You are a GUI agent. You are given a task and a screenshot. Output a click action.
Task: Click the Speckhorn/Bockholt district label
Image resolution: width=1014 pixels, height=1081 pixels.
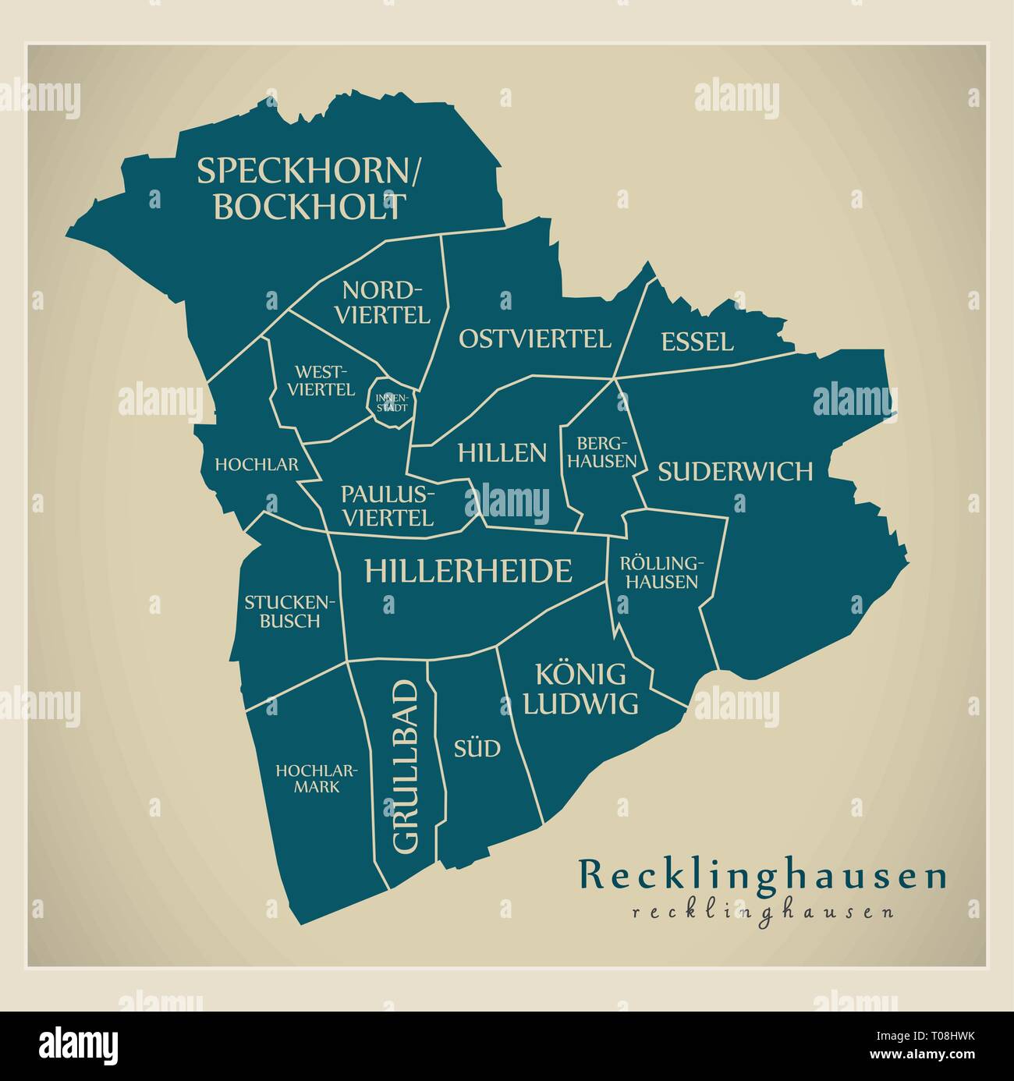tap(309, 189)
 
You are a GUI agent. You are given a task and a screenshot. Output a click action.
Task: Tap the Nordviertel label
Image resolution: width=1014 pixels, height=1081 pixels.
tap(386, 303)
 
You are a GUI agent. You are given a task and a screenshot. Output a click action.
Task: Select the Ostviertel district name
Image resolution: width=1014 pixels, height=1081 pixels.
tap(534, 338)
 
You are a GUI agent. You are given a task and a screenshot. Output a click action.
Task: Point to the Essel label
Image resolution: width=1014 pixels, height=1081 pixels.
tap(697, 342)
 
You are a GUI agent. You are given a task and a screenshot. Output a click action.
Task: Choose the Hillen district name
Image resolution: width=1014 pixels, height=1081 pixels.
tap(502, 452)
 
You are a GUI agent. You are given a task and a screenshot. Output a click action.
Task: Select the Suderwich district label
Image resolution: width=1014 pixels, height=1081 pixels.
tap(736, 472)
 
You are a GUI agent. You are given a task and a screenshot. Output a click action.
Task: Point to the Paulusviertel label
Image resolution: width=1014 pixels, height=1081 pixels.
tap(388, 505)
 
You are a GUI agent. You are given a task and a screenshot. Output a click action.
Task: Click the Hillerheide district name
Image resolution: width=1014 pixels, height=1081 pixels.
tap(468, 572)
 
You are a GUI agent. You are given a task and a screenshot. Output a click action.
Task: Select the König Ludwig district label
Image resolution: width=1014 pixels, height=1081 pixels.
tap(580, 689)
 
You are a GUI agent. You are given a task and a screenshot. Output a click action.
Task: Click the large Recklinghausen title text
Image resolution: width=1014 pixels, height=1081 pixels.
tap(763, 875)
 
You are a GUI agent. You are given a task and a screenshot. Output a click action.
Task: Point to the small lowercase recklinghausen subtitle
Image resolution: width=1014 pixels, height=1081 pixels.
tap(763, 911)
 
